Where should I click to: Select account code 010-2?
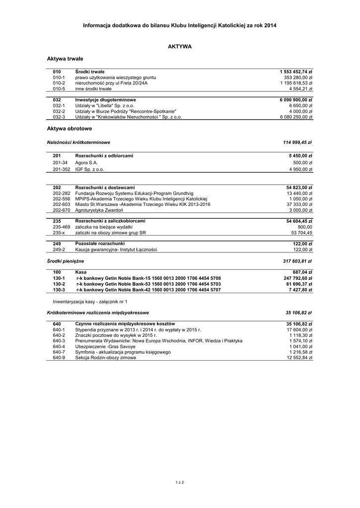point(59,83)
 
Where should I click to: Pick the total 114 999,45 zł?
point(297,142)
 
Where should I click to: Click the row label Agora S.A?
point(86,162)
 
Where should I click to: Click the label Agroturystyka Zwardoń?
point(99,210)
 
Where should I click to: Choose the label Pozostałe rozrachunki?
point(99,244)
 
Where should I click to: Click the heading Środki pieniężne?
point(66,260)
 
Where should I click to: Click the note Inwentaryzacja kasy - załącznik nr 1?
point(90,301)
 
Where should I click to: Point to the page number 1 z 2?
point(180,482)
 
